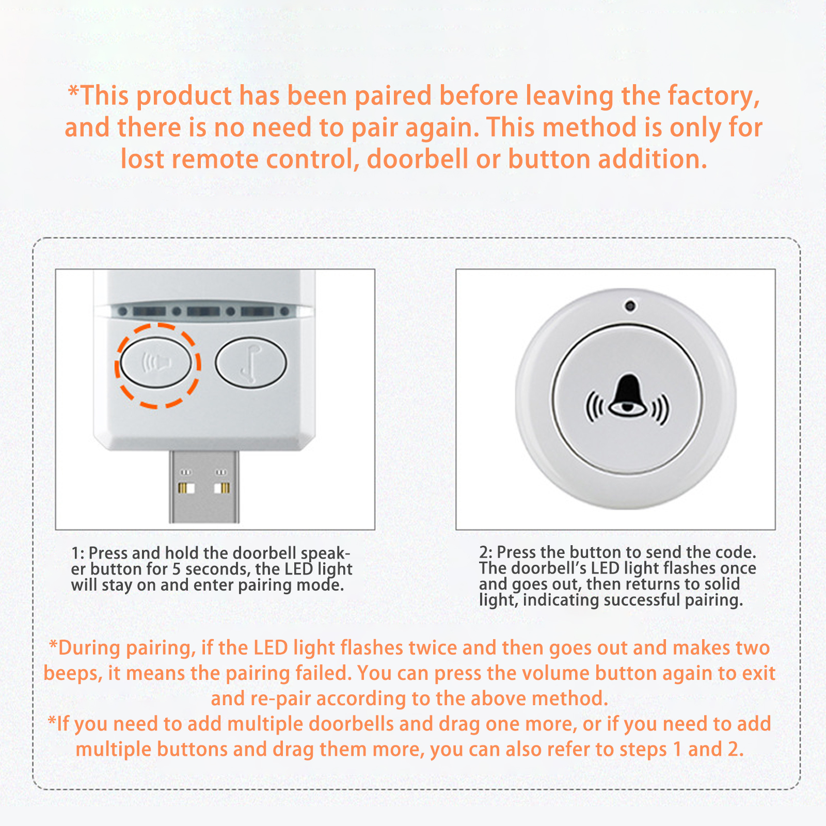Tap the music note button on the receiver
[251, 362]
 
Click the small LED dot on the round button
[630, 306]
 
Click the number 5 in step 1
[177, 569]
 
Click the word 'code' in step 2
[736, 552]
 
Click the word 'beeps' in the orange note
[73, 674]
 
